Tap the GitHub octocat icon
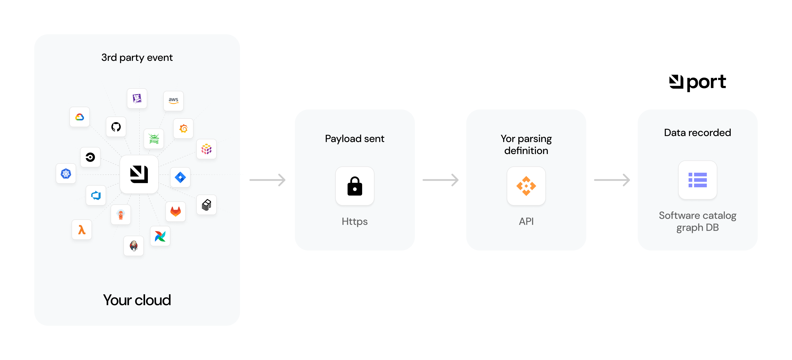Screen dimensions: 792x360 tap(116, 127)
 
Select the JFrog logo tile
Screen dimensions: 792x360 tap(154, 139)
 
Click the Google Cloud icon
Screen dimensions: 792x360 tap(80, 117)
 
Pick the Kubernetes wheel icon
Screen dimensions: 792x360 tap(66, 174)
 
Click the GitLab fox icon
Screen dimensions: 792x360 tap(175, 211)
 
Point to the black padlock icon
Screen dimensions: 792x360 tap(355, 186)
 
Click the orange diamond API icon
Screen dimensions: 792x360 tap(526, 186)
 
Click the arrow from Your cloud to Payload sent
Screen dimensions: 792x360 tap(267, 180)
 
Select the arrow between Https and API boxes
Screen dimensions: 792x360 tap(441, 180)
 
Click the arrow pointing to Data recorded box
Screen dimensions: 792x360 tap(612, 180)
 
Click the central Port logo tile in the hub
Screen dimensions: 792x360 tap(139, 174)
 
